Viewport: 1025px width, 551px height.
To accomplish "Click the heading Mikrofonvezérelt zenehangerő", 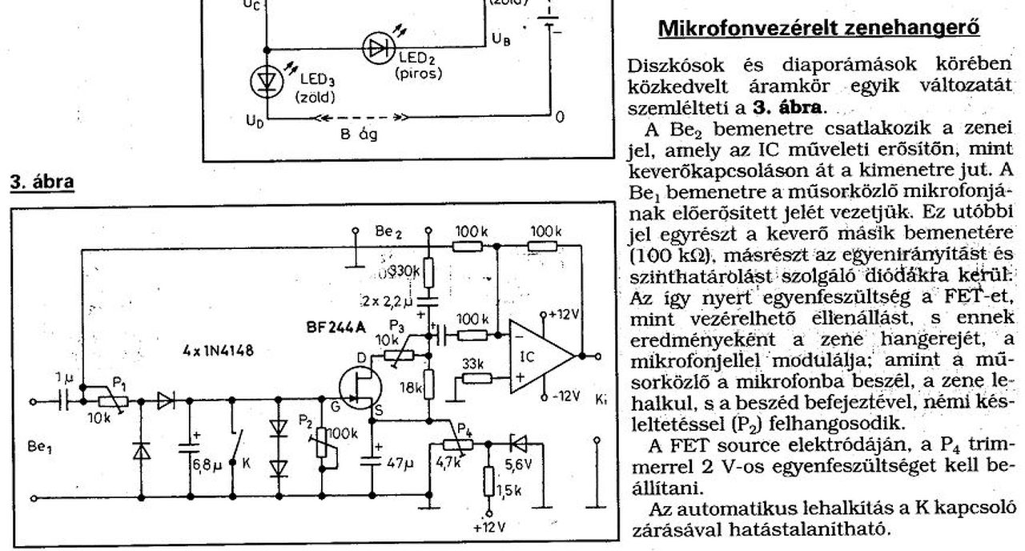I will point(818,29).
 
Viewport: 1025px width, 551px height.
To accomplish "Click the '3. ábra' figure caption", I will point(41,182).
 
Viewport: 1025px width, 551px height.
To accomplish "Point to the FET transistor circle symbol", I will point(358,388).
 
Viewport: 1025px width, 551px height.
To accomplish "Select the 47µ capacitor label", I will point(397,463).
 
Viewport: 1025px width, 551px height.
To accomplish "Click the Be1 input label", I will point(39,448).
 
